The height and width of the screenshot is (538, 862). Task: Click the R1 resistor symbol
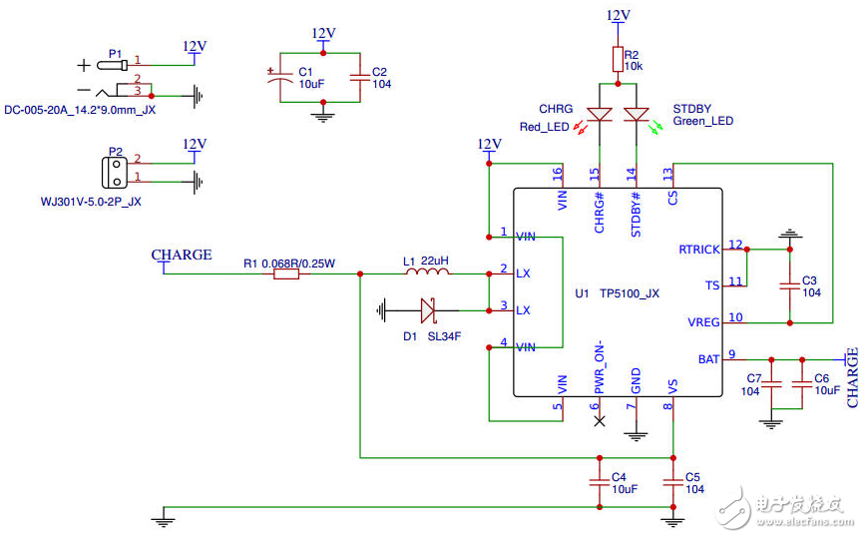pos(285,272)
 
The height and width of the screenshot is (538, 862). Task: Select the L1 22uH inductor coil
pos(426,271)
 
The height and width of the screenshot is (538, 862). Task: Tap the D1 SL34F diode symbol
pos(428,310)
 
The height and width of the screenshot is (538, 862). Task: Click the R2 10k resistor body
pos(618,58)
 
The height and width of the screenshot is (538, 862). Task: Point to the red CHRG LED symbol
pos(601,115)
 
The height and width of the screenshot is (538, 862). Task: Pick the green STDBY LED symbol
pos(636,115)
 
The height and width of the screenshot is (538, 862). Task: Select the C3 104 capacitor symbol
pos(789,285)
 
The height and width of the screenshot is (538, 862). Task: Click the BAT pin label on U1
pos(707,358)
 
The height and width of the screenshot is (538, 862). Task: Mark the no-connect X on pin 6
pos(600,421)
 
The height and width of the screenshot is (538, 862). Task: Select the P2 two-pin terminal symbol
pos(117,170)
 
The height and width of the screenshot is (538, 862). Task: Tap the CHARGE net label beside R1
pos(182,255)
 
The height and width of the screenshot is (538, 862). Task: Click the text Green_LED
pos(702,122)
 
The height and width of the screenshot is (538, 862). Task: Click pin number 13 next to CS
pos(666,172)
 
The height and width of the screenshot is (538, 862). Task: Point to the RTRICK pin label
pos(697,248)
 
